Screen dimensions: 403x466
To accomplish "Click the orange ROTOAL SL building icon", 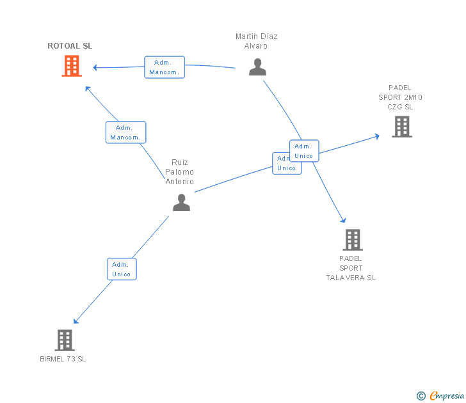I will (x=72, y=66).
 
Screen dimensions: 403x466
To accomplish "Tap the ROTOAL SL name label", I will (x=70, y=46).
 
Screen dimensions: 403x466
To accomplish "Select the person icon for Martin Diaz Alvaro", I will (x=257, y=67).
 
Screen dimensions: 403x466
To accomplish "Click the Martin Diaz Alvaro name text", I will (x=256, y=41).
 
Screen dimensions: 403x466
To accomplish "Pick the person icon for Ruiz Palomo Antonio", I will (x=181, y=203).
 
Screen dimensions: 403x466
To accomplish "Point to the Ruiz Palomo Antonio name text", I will (x=179, y=172).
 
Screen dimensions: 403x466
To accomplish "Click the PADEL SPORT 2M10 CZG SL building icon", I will (x=401, y=127).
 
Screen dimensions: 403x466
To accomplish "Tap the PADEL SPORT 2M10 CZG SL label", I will (x=400, y=97).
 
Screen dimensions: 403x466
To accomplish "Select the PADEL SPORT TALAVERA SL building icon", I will (x=352, y=240).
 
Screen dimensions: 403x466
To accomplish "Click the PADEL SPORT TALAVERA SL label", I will (x=351, y=268).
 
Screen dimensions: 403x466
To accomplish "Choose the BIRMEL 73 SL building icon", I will (x=65, y=340).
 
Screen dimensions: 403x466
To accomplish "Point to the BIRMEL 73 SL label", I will (x=63, y=359).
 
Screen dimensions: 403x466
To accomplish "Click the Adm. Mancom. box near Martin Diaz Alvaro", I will (x=165, y=67).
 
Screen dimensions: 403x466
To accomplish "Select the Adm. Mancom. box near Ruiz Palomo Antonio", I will (x=125, y=132).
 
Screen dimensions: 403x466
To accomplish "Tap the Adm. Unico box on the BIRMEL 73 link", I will (x=122, y=269).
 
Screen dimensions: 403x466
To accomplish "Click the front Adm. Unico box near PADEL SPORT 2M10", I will (x=303, y=151).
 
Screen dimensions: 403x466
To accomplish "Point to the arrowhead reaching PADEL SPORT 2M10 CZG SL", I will (x=376, y=136).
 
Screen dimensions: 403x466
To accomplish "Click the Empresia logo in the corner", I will (x=440, y=396).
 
